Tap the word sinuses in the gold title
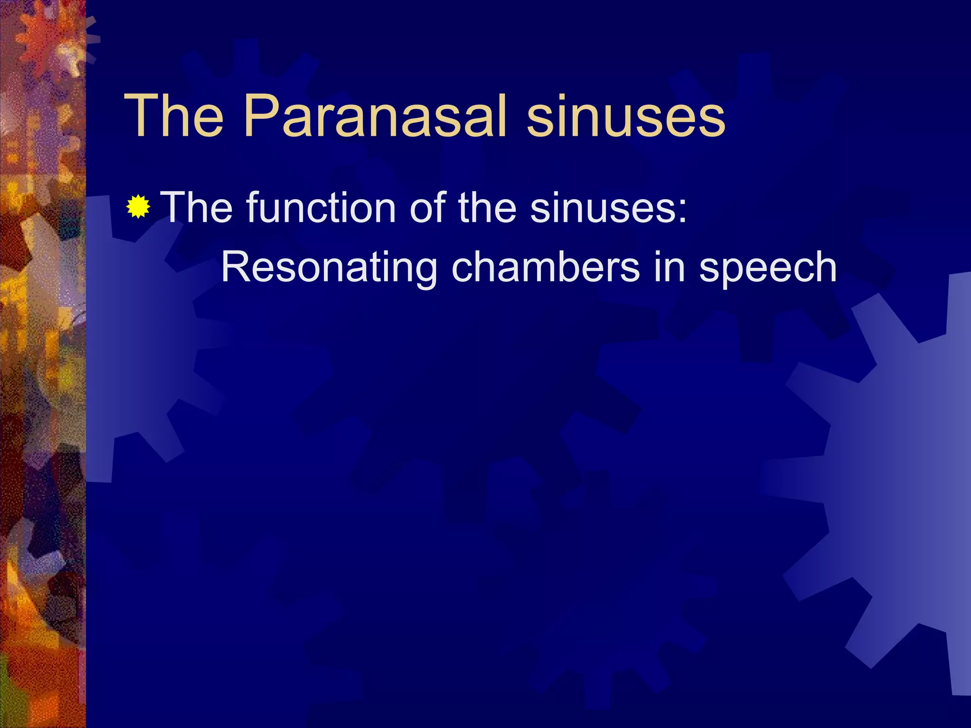pyautogui.click(x=626, y=117)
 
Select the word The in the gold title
pyautogui.click(x=174, y=117)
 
